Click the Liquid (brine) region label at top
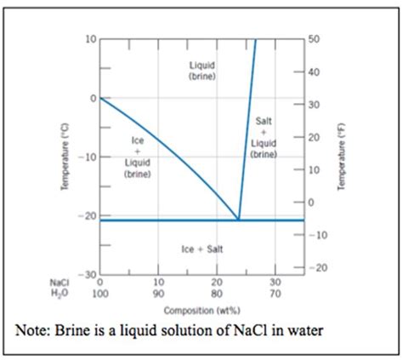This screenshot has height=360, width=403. (x=201, y=71)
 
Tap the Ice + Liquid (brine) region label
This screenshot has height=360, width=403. (x=137, y=156)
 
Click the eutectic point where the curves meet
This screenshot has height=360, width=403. (x=238, y=220)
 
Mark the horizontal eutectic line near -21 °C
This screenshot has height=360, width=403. (x=162, y=220)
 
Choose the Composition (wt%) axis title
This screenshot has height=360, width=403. (x=201, y=311)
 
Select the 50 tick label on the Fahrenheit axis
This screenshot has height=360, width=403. (x=315, y=39)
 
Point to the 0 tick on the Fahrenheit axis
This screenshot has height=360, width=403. (x=312, y=203)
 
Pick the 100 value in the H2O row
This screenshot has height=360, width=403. (x=99, y=292)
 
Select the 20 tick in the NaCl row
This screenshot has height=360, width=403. (x=216, y=282)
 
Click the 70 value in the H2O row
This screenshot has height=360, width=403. (x=275, y=292)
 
